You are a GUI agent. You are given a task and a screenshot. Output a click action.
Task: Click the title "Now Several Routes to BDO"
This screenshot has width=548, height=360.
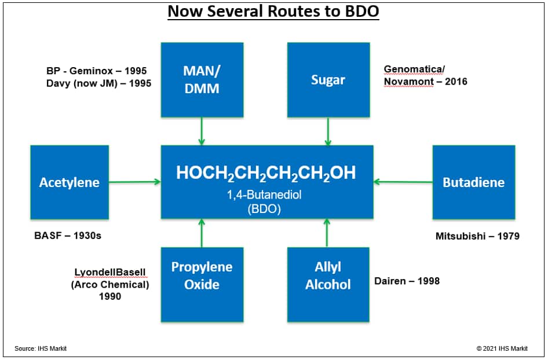click(x=273, y=11)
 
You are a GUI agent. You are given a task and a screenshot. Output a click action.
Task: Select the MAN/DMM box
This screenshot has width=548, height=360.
click(x=202, y=80)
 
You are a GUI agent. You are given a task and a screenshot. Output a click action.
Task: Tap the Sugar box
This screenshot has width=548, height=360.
click(x=328, y=80)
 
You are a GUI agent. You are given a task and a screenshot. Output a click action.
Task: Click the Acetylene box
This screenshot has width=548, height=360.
click(x=70, y=182)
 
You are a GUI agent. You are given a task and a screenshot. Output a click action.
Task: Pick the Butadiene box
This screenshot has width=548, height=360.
click(x=473, y=182)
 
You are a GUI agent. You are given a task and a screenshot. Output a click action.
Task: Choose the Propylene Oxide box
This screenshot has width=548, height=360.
click(x=202, y=285)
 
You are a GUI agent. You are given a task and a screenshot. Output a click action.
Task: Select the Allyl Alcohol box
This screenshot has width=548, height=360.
click(x=328, y=285)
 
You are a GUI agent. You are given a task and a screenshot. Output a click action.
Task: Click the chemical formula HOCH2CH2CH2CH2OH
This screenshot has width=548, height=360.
click(x=266, y=173)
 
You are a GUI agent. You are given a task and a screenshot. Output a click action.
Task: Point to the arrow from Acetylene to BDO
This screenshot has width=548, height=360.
click(x=134, y=182)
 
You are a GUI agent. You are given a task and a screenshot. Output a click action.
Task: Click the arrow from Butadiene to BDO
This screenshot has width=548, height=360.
click(x=403, y=182)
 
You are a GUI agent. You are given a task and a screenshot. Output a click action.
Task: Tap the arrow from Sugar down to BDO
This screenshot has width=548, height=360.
click(x=328, y=131)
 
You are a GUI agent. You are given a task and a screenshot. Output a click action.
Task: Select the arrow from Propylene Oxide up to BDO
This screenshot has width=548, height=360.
click(x=202, y=233)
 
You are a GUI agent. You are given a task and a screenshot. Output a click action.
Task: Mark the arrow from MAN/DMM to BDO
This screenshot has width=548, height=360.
click(x=202, y=131)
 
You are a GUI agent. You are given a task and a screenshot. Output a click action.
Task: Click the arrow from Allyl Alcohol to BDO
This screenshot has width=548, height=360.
click(x=327, y=233)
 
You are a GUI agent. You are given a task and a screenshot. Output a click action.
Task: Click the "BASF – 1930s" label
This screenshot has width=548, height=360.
click(x=68, y=236)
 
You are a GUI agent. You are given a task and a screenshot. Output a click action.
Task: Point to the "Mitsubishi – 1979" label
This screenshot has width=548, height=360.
click(x=477, y=236)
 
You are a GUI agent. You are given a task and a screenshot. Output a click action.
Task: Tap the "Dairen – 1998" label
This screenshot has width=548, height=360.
click(x=407, y=281)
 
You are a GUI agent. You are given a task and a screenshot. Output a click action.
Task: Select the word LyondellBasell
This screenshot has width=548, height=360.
click(x=109, y=272)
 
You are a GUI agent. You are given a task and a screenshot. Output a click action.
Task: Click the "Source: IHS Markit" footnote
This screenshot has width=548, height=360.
click(x=41, y=348)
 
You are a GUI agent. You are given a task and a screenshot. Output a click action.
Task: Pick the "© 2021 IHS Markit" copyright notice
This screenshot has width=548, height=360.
click(x=502, y=348)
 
